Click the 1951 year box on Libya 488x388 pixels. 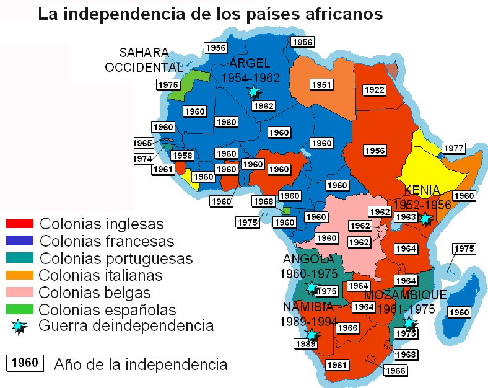coord(322,84)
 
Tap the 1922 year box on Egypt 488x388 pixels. coord(374,90)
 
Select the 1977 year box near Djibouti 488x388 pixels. coord(455,148)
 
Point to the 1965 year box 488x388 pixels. coord(143,143)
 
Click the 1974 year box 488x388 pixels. coord(143,158)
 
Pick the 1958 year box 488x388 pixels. coord(182,156)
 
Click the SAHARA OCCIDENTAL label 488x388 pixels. coord(144,60)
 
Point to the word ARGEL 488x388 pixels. coord(250,64)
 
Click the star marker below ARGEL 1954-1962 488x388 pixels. coord(253,92)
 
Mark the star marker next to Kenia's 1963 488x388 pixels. coord(425,218)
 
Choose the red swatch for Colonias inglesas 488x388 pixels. coord(19,223)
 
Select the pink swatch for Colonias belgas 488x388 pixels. coord(19,291)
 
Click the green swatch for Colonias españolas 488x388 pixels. coord(19,309)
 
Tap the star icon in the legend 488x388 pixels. coord(19,326)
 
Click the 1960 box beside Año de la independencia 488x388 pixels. coord(25,363)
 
